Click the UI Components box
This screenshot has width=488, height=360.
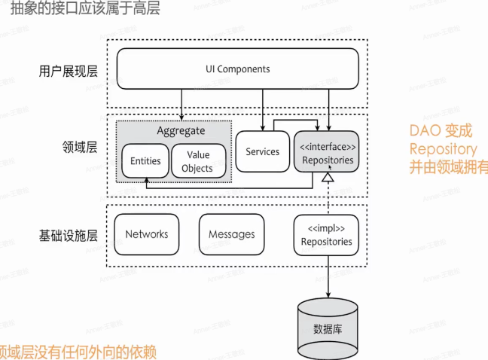pyautogui.click(x=237, y=69)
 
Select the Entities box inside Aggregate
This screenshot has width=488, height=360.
pyautogui.click(x=145, y=161)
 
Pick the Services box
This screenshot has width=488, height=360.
pyautogui.click(x=262, y=152)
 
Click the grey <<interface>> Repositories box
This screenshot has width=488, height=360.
pyautogui.click(x=326, y=153)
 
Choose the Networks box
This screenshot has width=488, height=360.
pyautogui.click(x=147, y=234)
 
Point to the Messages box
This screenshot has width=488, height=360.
pyautogui.click(x=231, y=234)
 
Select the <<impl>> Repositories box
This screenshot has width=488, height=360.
pyautogui.click(x=326, y=234)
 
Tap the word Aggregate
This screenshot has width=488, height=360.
pyautogui.click(x=181, y=130)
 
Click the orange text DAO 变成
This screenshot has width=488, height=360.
pyautogui.click(x=441, y=131)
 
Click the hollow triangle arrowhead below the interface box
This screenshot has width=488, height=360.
pyautogui.click(x=328, y=178)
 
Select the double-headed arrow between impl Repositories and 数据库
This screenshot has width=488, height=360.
pyautogui.click(x=328, y=274)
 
